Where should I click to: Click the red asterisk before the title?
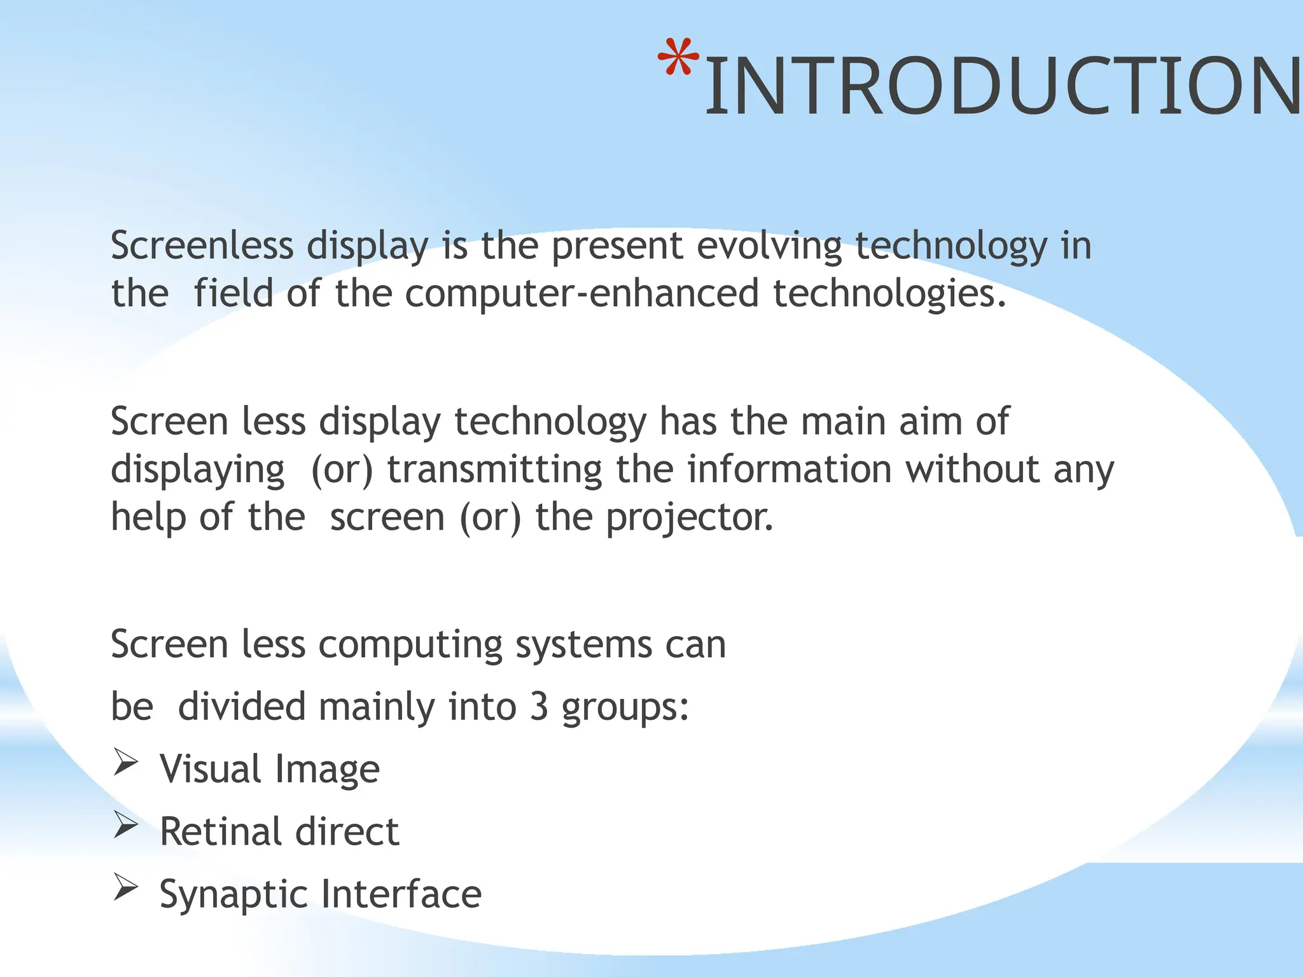pyautogui.click(x=678, y=58)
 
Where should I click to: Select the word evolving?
pyautogui.click(x=769, y=247)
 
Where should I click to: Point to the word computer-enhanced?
pyautogui.click(x=582, y=293)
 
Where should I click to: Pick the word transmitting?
pyautogui.click(x=494, y=470)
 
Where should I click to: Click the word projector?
pyautogui.click(x=689, y=518)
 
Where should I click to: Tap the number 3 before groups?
pyautogui.click(x=539, y=707)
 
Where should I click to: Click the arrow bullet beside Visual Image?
pyautogui.click(x=126, y=763)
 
